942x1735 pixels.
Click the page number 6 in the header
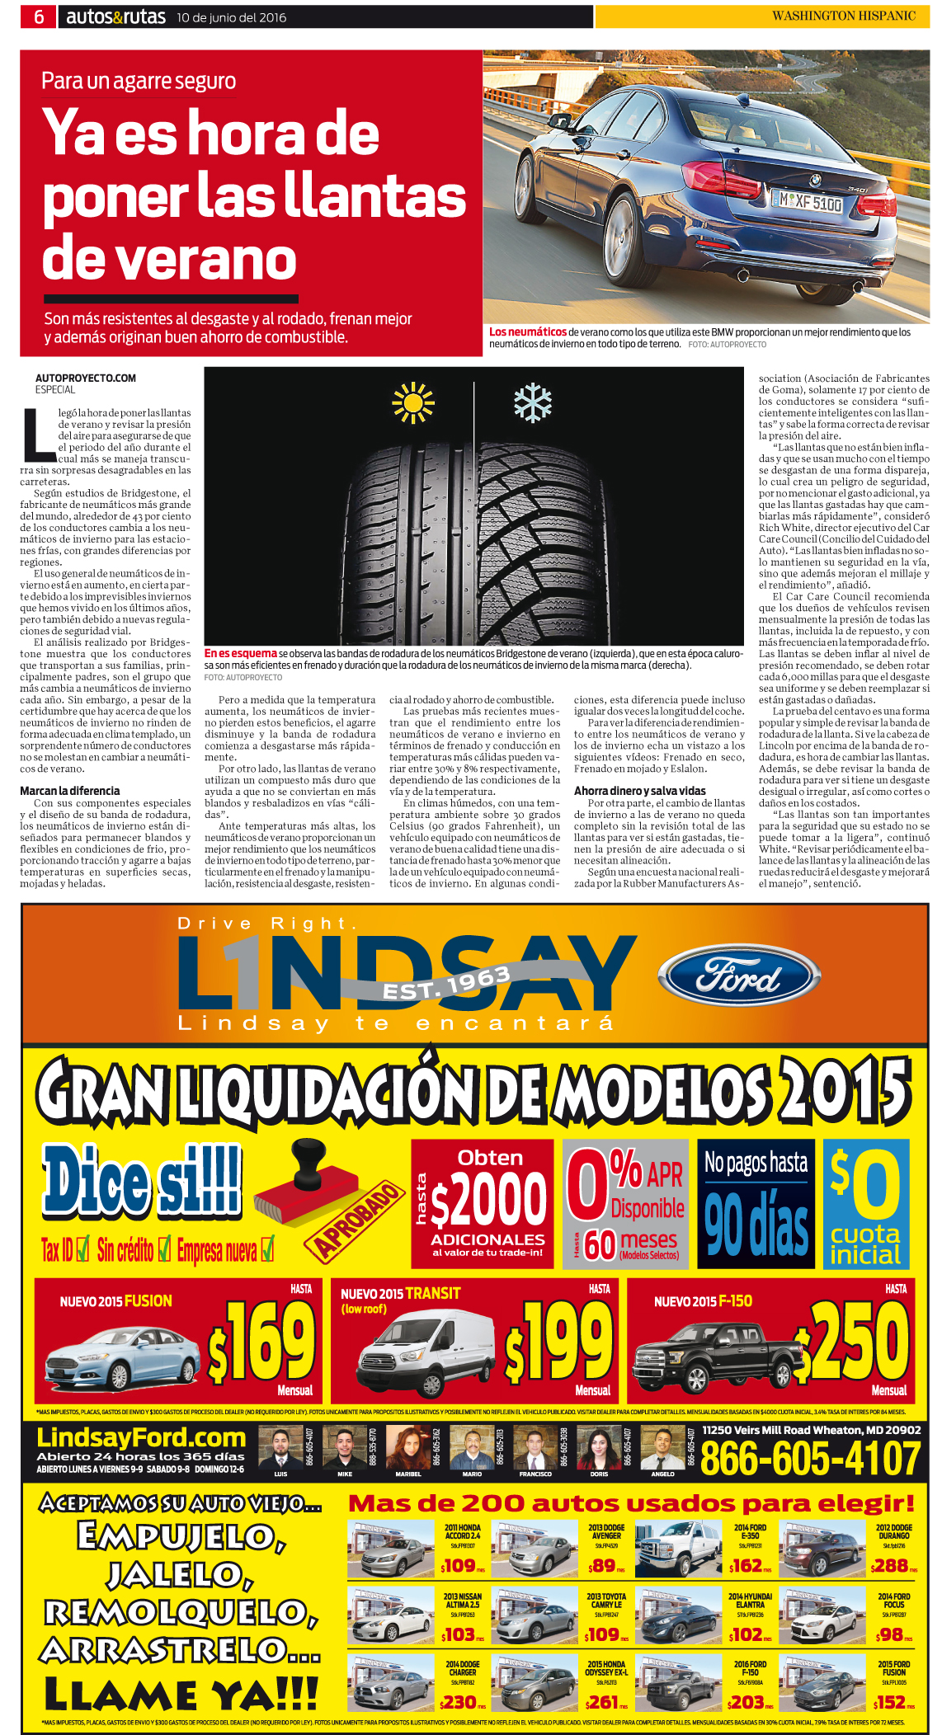(x=38, y=16)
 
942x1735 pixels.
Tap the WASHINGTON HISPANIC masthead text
(x=843, y=16)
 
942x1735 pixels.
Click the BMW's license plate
(x=806, y=201)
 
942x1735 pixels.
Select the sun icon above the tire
(x=412, y=403)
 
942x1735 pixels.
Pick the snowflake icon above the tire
(x=533, y=403)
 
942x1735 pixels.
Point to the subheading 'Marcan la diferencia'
(x=70, y=791)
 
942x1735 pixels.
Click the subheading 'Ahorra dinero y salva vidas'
(x=639, y=791)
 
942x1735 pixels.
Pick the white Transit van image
(x=417, y=1353)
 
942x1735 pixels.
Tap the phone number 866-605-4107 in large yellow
(x=809, y=1458)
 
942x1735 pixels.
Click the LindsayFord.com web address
(x=141, y=1438)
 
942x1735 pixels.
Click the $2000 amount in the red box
(x=488, y=1201)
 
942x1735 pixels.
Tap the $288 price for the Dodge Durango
(x=890, y=1565)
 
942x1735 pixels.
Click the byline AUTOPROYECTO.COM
(x=86, y=379)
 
